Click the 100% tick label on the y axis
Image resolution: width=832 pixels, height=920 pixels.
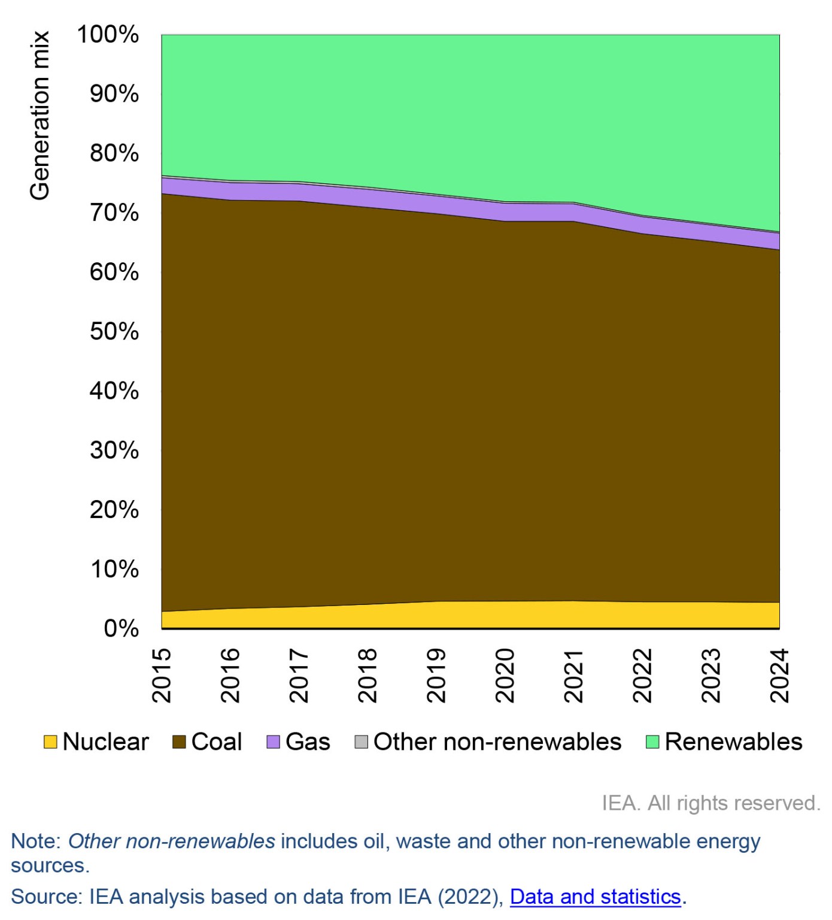108,35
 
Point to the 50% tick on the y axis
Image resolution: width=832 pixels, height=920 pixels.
114,331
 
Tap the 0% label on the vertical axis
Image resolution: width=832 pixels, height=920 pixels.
121,629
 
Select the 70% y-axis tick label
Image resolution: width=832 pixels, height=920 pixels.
114,213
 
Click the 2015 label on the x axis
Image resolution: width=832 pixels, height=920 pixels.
162,675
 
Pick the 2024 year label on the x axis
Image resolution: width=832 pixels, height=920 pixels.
780,675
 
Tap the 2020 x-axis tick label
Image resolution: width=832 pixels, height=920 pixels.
506,675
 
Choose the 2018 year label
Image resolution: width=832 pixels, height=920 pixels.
368,675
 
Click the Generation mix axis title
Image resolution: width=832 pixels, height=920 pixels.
40,116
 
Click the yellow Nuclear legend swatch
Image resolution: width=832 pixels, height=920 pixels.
51,742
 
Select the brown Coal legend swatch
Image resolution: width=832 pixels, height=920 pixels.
179,742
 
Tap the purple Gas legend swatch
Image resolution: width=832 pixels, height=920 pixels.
273,742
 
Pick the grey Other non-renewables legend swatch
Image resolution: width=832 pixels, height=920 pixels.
361,742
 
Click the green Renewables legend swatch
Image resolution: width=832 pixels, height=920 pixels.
652,742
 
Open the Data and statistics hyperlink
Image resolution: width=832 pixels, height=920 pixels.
595,897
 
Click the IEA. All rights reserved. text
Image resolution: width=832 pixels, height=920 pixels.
710,803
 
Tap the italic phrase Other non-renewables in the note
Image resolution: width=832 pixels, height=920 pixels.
172,842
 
